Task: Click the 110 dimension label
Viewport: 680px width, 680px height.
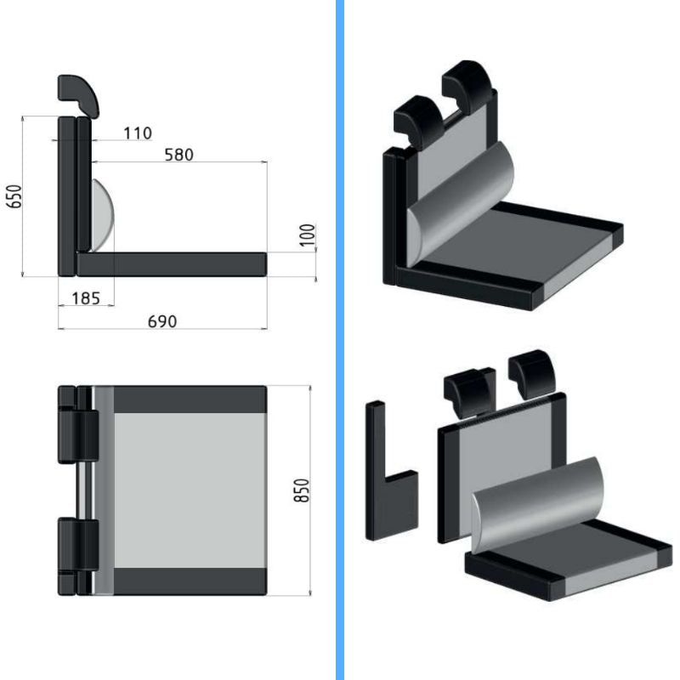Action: click(x=138, y=133)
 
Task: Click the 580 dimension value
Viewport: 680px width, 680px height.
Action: click(x=178, y=155)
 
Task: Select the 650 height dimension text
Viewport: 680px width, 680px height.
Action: click(x=14, y=196)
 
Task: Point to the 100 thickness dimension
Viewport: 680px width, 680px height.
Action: click(x=308, y=235)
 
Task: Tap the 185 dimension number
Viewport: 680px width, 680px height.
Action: click(x=86, y=298)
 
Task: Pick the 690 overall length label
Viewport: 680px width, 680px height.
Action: click(x=162, y=321)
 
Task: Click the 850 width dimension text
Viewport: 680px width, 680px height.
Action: click(x=302, y=490)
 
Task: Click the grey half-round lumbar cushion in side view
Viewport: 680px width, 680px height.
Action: click(x=102, y=216)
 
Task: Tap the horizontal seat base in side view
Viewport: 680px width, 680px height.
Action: click(x=172, y=264)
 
